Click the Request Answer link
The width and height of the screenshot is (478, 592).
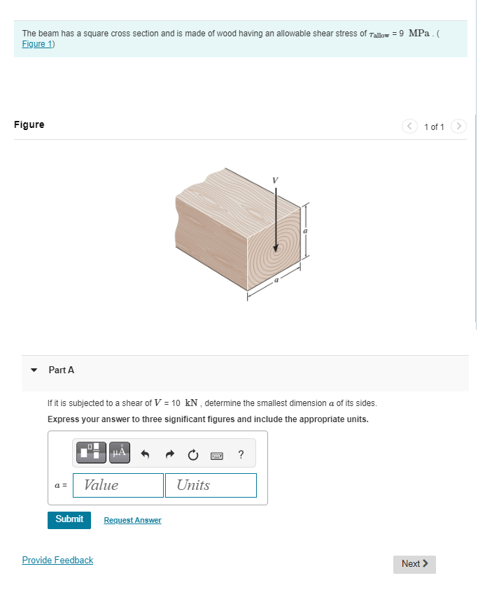pyautogui.click(x=132, y=520)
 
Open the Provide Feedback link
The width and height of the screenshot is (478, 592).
pyautogui.click(x=57, y=560)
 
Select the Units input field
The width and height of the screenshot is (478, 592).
pyautogui.click(x=211, y=485)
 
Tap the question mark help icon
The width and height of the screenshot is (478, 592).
pyautogui.click(x=241, y=454)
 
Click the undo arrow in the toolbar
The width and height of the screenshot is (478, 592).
pyautogui.click(x=146, y=454)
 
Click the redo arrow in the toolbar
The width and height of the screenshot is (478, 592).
pyautogui.click(x=169, y=454)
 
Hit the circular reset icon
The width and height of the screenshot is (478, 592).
pyautogui.click(x=192, y=454)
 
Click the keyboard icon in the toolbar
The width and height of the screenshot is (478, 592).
pyautogui.click(x=216, y=454)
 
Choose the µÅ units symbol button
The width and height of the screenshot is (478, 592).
pyautogui.click(x=119, y=452)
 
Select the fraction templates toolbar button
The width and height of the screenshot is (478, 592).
pyautogui.click(x=92, y=452)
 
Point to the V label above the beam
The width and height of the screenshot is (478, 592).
pyautogui.click(x=275, y=180)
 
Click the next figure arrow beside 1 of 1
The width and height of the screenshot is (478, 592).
pyautogui.click(x=458, y=127)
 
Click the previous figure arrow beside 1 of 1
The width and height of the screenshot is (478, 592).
pyautogui.click(x=409, y=127)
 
